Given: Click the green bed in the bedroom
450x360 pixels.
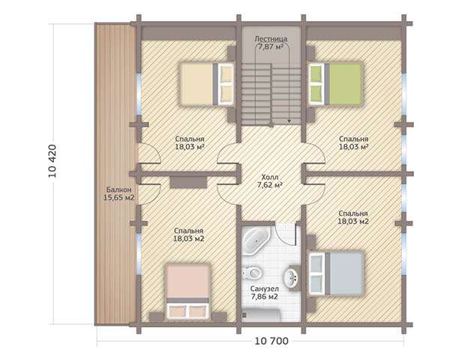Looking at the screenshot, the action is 335,84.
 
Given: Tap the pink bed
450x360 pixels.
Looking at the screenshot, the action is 188,292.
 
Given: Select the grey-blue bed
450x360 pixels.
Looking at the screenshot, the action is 337,274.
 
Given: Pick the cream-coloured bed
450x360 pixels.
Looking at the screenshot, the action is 207,84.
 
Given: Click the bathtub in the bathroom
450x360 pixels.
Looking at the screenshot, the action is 256,241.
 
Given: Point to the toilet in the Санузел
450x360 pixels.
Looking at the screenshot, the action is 252,272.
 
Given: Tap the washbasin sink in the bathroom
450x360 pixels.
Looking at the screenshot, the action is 291,277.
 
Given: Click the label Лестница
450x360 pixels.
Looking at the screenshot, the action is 271,39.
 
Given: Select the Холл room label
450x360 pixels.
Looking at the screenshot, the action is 270,177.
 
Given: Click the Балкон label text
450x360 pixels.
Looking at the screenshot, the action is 118,190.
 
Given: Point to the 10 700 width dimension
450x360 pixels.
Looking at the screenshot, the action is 271,341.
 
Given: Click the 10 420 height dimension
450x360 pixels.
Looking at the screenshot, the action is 52,160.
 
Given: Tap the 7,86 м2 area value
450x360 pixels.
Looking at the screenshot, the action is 264,296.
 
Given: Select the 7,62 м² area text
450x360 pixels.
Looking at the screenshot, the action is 270,185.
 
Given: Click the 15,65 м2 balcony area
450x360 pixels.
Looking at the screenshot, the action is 118,197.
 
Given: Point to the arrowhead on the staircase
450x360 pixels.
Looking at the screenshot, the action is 289,121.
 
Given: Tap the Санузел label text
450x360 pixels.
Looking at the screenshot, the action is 264,289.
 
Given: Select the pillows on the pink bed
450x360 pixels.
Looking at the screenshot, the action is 188,311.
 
